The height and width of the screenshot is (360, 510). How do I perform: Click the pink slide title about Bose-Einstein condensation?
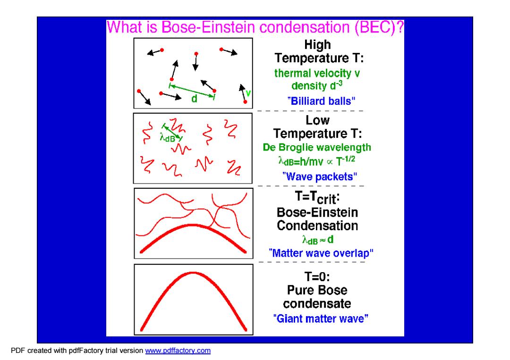255,27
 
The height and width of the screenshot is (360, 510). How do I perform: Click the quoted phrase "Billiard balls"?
321,101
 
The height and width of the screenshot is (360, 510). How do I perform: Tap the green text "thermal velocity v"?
317,73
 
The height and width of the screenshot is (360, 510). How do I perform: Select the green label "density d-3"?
317,86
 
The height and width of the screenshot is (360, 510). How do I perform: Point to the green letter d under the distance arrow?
194,99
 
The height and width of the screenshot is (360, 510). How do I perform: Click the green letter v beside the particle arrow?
248,93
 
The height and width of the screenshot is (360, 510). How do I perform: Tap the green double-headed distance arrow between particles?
192,91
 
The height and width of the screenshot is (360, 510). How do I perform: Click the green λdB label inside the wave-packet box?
168,138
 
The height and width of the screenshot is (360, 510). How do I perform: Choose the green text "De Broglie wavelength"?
317,148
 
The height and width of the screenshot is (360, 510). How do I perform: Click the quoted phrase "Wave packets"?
319,177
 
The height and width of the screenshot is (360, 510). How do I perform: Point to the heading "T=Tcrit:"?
317,197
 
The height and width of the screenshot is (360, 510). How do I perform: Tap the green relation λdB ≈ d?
318,240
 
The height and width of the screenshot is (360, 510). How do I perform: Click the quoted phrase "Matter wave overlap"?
321,253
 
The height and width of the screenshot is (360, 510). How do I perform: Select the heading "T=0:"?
317,277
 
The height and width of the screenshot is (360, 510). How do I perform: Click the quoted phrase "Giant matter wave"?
321,319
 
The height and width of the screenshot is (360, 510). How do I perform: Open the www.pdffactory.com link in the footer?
178,351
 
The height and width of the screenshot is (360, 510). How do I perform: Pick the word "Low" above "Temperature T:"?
317,120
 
